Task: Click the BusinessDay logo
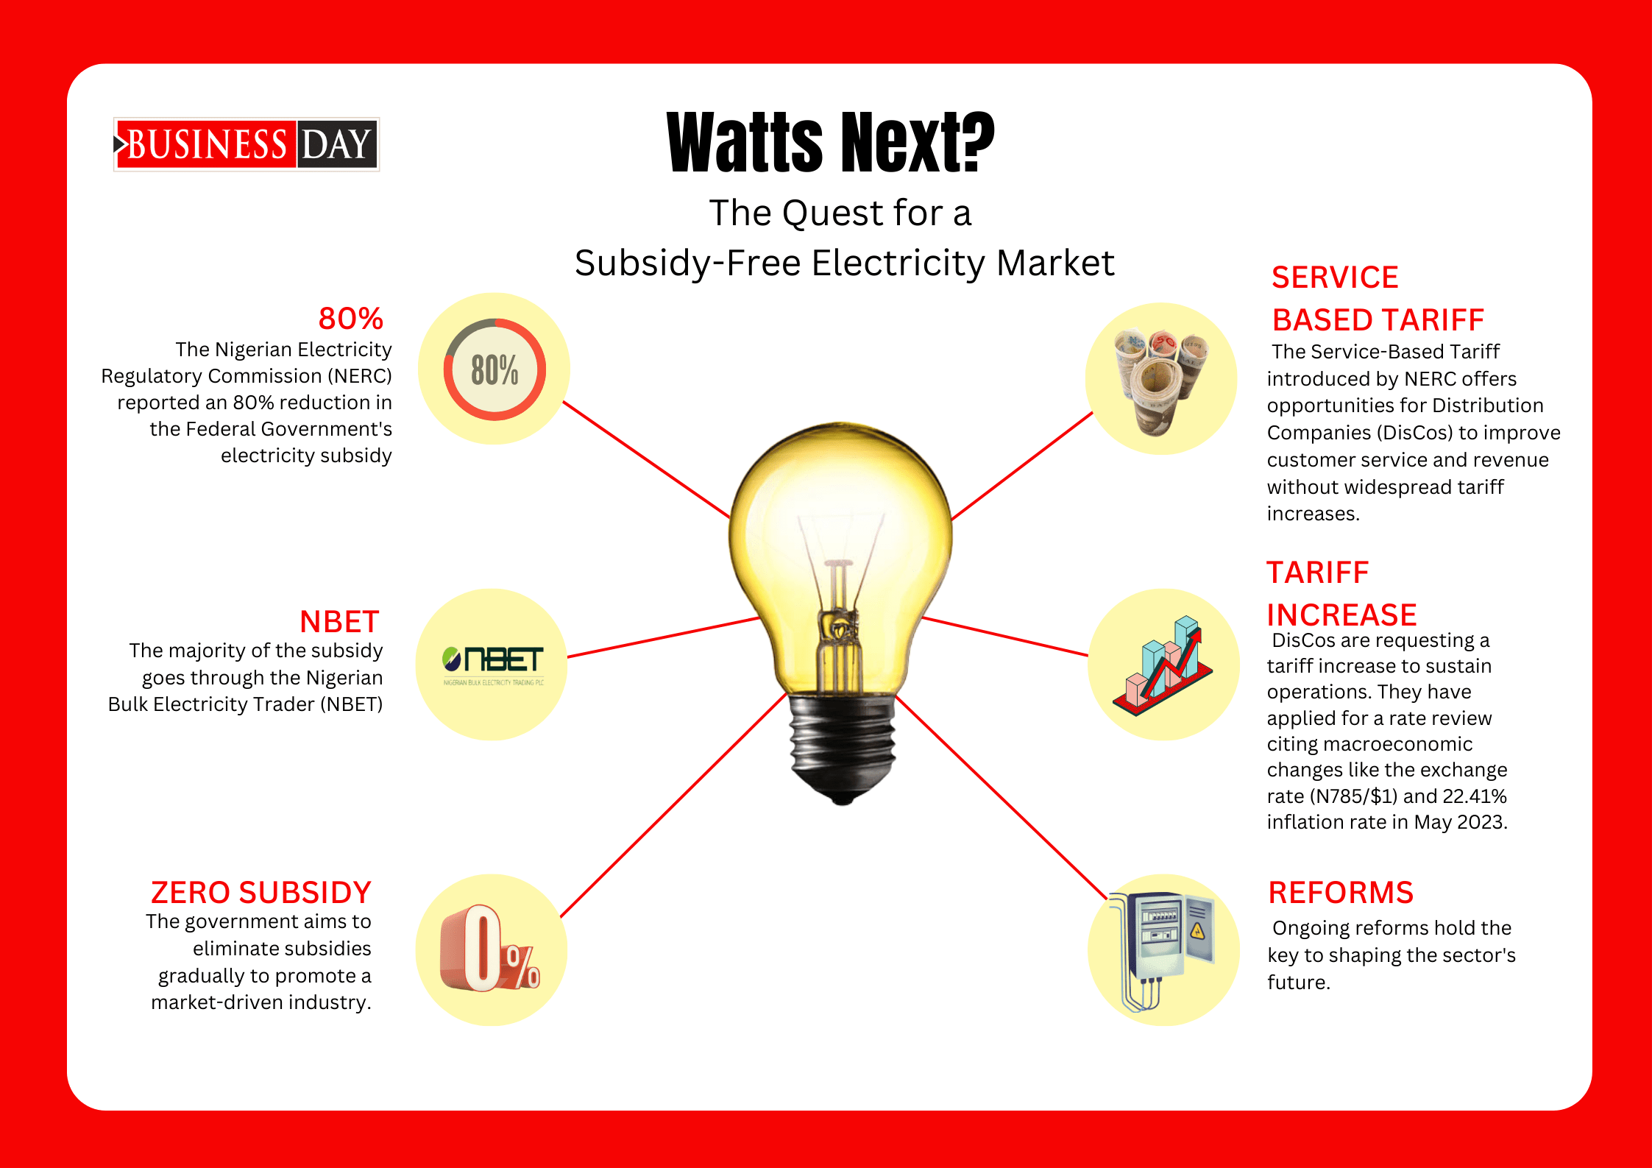click(247, 144)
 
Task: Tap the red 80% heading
click(351, 319)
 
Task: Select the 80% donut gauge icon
click(494, 369)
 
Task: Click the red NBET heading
click(339, 622)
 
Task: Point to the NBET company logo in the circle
click(493, 665)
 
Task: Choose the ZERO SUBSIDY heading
click(261, 893)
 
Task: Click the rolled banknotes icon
click(1160, 381)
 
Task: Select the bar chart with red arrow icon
click(1163, 665)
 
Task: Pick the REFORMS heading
click(1341, 893)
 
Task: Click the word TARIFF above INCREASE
click(1318, 573)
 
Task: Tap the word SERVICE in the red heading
click(1335, 277)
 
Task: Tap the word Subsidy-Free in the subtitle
click(687, 263)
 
